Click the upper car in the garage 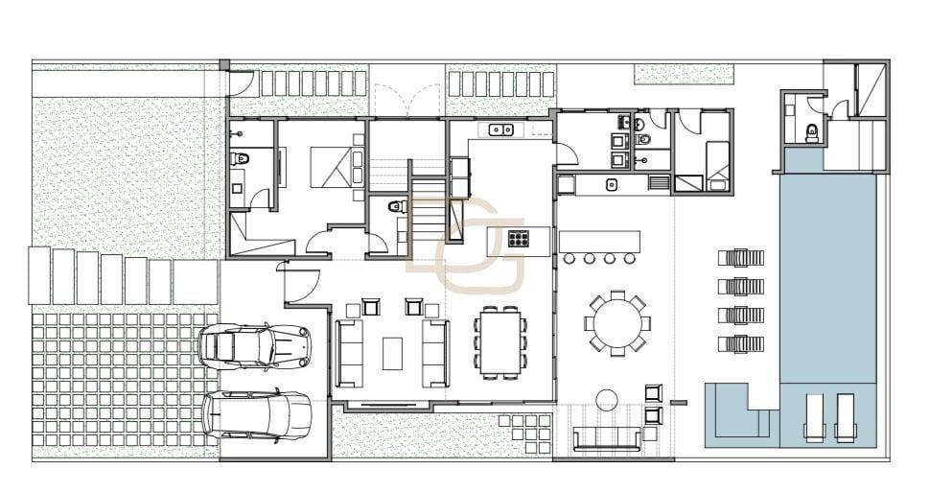(x=255, y=346)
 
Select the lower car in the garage (x=257, y=415)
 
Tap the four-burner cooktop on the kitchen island (x=518, y=239)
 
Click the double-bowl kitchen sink (x=501, y=129)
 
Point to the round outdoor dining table (x=617, y=324)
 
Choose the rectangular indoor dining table (x=500, y=342)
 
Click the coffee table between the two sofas (x=392, y=353)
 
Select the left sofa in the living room (x=349, y=353)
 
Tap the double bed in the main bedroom (x=337, y=168)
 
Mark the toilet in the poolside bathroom (x=812, y=132)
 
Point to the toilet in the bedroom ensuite (x=240, y=158)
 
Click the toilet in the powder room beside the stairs (x=396, y=206)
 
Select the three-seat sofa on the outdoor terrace (x=607, y=439)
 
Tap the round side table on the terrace (x=607, y=399)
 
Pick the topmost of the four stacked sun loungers (x=741, y=258)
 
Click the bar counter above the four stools (x=599, y=241)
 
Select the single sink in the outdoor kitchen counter (x=612, y=184)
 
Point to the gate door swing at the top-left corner (x=243, y=83)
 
